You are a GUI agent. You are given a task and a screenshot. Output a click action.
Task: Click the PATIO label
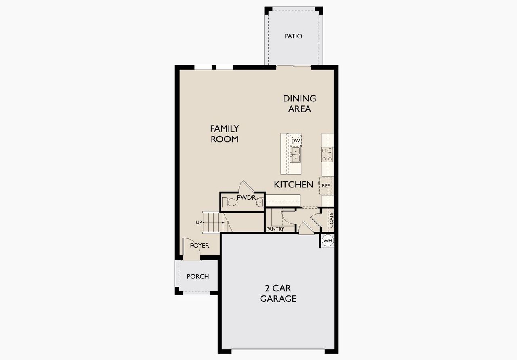tap(293, 36)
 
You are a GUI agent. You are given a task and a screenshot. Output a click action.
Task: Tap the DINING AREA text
tap(299, 103)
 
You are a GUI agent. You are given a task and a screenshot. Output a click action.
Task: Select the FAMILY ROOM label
tap(225, 134)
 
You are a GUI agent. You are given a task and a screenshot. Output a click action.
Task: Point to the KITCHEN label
tap(294, 185)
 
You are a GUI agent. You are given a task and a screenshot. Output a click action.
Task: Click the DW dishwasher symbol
tap(296, 141)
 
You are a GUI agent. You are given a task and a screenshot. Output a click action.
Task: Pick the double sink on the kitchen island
tap(296, 154)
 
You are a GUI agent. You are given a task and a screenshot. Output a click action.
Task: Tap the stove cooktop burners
tap(327, 154)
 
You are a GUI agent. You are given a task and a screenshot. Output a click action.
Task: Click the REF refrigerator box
tap(326, 185)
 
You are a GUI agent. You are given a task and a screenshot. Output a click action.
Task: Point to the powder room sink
tap(260, 202)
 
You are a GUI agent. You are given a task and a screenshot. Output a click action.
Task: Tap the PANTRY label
tap(275, 229)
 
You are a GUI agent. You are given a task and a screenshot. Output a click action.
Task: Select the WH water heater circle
tap(328, 241)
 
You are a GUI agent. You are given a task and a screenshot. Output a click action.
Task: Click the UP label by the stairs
tap(198, 222)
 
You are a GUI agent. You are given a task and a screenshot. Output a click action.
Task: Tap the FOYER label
tap(200, 245)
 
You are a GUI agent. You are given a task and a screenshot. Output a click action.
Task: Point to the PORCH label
tap(198, 276)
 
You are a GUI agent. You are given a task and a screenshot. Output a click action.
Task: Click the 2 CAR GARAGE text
tap(278, 294)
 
